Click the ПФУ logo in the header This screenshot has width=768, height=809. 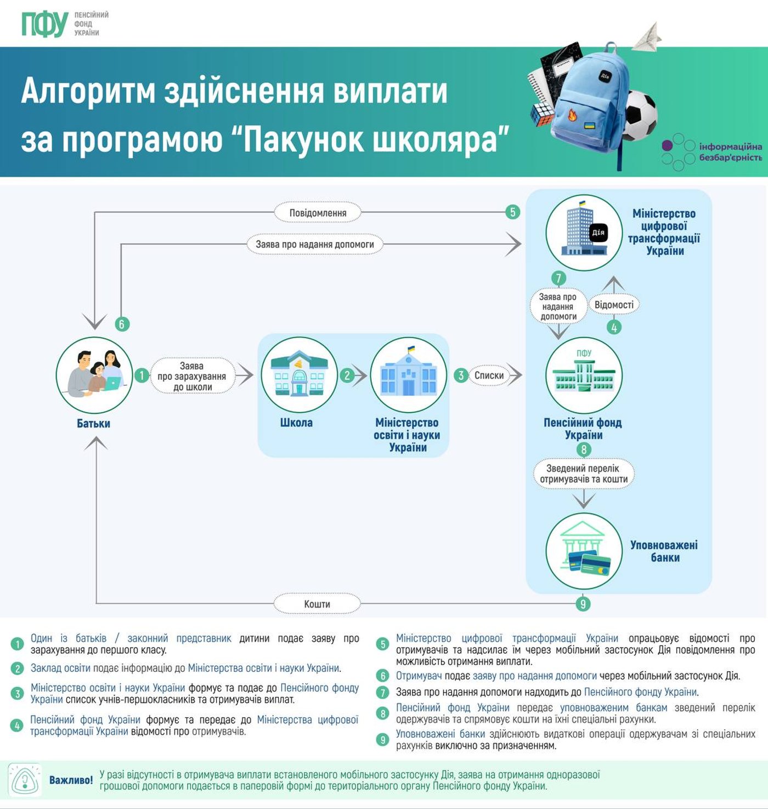pyautogui.click(x=45, y=24)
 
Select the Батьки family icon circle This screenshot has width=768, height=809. pyautogui.click(x=94, y=375)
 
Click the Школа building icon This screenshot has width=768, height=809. pyautogui.click(x=299, y=375)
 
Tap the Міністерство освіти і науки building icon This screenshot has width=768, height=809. pyautogui.click(x=408, y=375)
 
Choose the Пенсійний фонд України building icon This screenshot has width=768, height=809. pyautogui.click(x=584, y=375)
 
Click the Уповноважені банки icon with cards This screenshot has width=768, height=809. pyautogui.click(x=584, y=550)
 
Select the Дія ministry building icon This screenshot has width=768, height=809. pyautogui.click(x=584, y=233)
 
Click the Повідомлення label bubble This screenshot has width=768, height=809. pyautogui.click(x=318, y=212)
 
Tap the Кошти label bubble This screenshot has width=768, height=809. pyautogui.click(x=317, y=604)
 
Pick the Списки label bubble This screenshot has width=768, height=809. pyautogui.click(x=489, y=375)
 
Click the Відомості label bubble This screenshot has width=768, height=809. pyautogui.click(x=614, y=305)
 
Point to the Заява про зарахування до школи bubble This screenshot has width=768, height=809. pyautogui.click(x=192, y=376)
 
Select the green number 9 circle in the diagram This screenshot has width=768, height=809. pyautogui.click(x=583, y=604)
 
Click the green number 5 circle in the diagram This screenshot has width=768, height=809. pyautogui.click(x=512, y=212)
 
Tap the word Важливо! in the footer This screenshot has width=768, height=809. pyautogui.click(x=71, y=780)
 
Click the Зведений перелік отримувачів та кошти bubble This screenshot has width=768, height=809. pyautogui.click(x=583, y=474)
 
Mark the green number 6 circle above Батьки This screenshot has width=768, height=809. pyautogui.click(x=122, y=324)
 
